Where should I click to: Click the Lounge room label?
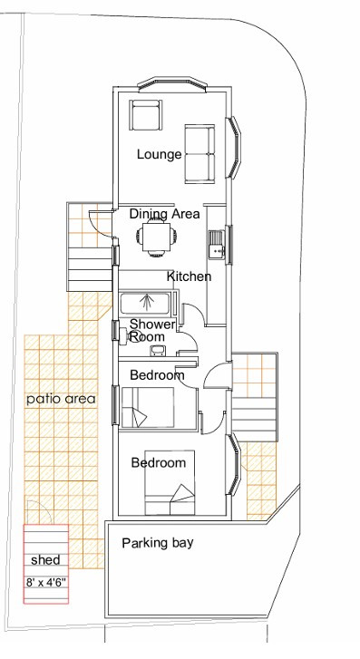159,155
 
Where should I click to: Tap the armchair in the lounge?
145,115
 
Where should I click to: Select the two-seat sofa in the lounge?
199,154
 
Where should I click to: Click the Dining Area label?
164,214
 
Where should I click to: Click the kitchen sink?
217,244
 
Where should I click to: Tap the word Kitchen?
189,276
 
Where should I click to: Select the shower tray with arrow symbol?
145,304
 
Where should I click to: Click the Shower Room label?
151,330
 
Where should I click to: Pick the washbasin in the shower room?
159,350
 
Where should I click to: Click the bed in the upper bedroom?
148,408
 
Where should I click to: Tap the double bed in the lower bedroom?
170,483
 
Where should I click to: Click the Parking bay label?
158,543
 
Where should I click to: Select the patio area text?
61,399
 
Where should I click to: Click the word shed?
45,560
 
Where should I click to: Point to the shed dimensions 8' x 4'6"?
46,583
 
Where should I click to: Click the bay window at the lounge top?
172,83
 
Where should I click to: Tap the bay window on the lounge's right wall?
234,147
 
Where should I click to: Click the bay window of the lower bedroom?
234,465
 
